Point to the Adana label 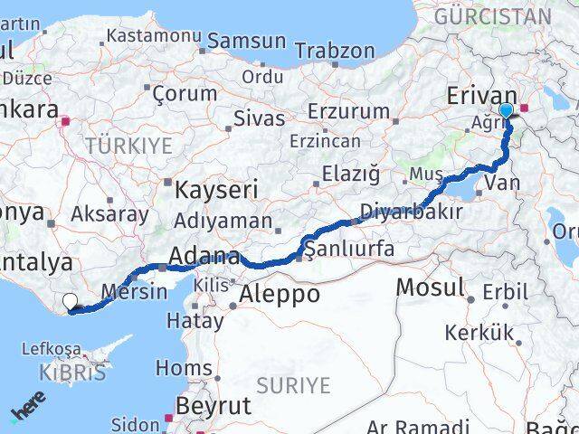click(x=206, y=257)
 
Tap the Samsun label click(x=247, y=42)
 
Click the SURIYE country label click(x=293, y=386)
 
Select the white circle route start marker click(x=70, y=302)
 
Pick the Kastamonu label click(x=152, y=36)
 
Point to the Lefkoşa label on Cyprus click(x=57, y=350)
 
